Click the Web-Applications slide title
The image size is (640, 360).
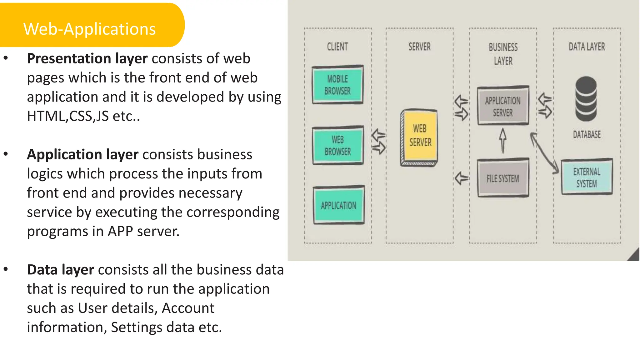pyautogui.click(x=89, y=29)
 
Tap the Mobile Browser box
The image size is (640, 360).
pyautogui.click(x=337, y=85)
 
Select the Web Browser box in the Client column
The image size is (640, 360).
pyautogui.click(x=337, y=145)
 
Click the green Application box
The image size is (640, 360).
pyautogui.click(x=338, y=205)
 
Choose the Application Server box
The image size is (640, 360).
pyautogui.click(x=503, y=106)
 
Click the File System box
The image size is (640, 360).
pyautogui.click(x=503, y=178)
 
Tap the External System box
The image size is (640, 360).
pyautogui.click(x=587, y=177)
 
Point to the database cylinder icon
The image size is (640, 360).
pyautogui.click(x=586, y=99)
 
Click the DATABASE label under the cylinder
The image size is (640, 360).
pyautogui.click(x=587, y=135)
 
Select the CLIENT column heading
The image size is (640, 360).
pyautogui.click(x=337, y=47)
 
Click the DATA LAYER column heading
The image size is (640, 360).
pyautogui.click(x=587, y=47)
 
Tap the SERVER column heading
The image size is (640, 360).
pyautogui.click(x=419, y=47)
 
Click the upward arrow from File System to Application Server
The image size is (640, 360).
pyautogui.click(x=502, y=141)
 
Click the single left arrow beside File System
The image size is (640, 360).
pyautogui.click(x=462, y=178)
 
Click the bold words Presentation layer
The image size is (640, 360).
pyautogui.click(x=87, y=58)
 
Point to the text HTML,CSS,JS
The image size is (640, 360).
pyautogui.click(x=68, y=116)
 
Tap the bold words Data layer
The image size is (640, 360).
pyautogui.click(x=60, y=270)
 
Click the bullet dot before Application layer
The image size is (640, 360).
pyautogui.click(x=6, y=154)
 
